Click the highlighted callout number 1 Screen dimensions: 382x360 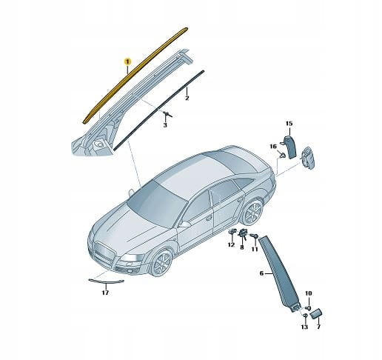click(127, 61)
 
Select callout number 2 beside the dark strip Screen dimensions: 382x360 click(187, 98)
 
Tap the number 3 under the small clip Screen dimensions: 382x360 click(165, 125)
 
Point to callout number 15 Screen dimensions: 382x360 click(289, 123)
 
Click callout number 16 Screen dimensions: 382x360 click(273, 147)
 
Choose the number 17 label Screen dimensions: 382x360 click(105, 293)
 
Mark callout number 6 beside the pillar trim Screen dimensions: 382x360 click(261, 273)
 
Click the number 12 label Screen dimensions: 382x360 click(231, 244)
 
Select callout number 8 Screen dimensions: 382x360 click(242, 247)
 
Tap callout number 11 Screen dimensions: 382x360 click(255, 249)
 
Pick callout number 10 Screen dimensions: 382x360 click(309, 293)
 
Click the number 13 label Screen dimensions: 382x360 click(304, 327)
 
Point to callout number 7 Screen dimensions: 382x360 click(318, 327)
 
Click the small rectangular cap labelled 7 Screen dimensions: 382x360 click(316, 313)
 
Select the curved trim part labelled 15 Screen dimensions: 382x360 click(290, 147)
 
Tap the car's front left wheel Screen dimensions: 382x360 click(161, 262)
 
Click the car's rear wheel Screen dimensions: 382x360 click(252, 212)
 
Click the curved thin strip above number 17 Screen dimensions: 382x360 click(106, 281)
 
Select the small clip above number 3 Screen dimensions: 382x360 click(167, 114)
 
